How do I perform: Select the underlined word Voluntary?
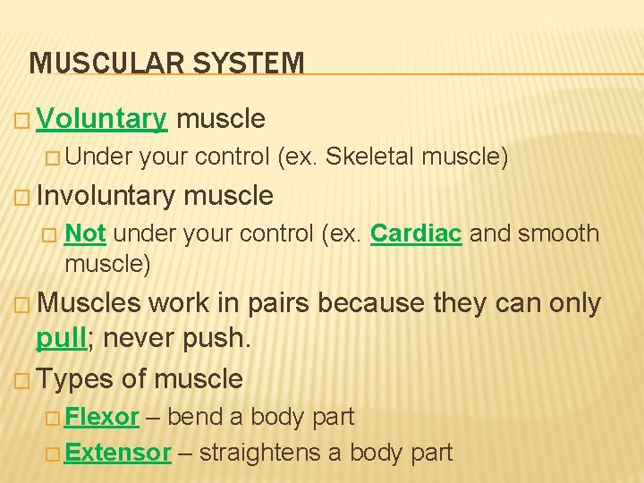pyautogui.click(x=102, y=119)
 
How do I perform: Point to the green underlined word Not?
pyautogui.click(x=86, y=233)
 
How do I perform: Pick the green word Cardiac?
pyautogui.click(x=416, y=233)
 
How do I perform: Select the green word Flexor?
pyautogui.click(x=102, y=417)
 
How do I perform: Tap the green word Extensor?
pyautogui.click(x=117, y=453)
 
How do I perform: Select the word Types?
pyautogui.click(x=76, y=379)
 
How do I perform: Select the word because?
pyautogui.click(x=370, y=303)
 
